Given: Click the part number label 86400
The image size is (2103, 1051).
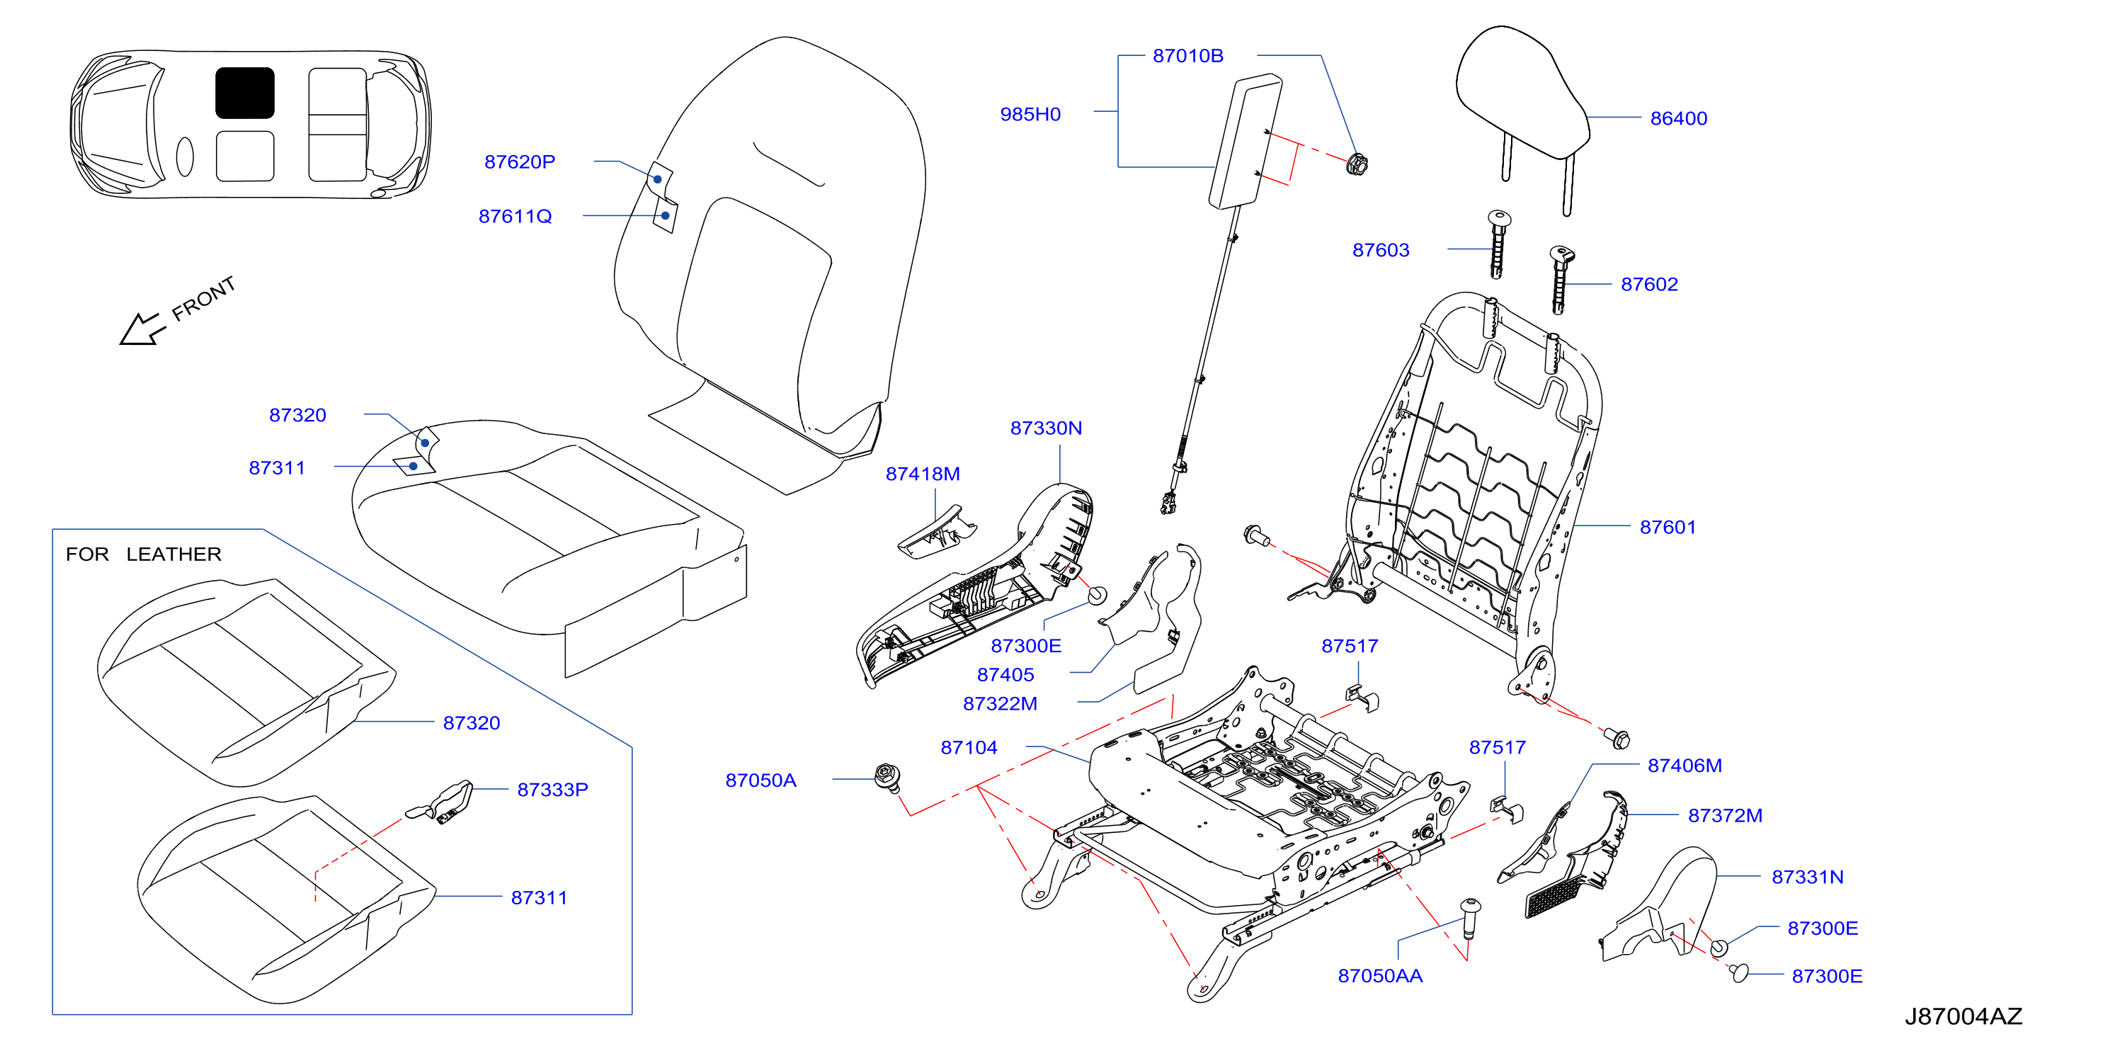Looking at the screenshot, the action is click(x=1677, y=118).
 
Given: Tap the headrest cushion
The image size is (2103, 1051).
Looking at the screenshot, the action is click(x=1522, y=91).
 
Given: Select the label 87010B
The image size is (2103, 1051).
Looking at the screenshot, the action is click(x=1188, y=55).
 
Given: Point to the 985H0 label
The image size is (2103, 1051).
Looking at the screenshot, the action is click(x=1030, y=114).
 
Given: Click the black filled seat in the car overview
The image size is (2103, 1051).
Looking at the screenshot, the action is click(x=245, y=93).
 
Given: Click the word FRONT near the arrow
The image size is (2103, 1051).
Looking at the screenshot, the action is click(x=203, y=298).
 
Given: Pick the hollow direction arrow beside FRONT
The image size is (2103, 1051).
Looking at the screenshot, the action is click(x=142, y=329).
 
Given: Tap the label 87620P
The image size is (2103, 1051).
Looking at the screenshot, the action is click(x=519, y=161).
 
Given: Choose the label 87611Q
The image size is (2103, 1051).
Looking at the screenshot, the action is click(x=515, y=217).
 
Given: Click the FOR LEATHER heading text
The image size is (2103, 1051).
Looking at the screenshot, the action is click(x=144, y=555).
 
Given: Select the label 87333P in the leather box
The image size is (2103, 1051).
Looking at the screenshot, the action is click(x=553, y=790).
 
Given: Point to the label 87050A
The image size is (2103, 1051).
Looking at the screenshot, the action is click(x=761, y=780).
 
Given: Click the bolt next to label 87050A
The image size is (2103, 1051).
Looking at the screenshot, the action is click(x=888, y=777).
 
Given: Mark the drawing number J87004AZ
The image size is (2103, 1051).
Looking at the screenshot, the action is click(x=1964, y=1017).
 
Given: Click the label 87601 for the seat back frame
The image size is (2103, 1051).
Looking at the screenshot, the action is click(x=1668, y=528).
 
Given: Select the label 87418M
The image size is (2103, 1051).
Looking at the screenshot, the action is click(x=923, y=474).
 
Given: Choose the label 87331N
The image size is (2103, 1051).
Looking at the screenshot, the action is click(x=1808, y=877).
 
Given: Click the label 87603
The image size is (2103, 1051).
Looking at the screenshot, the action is click(x=1381, y=250).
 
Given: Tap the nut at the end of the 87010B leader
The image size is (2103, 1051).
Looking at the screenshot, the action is click(x=1357, y=164).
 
